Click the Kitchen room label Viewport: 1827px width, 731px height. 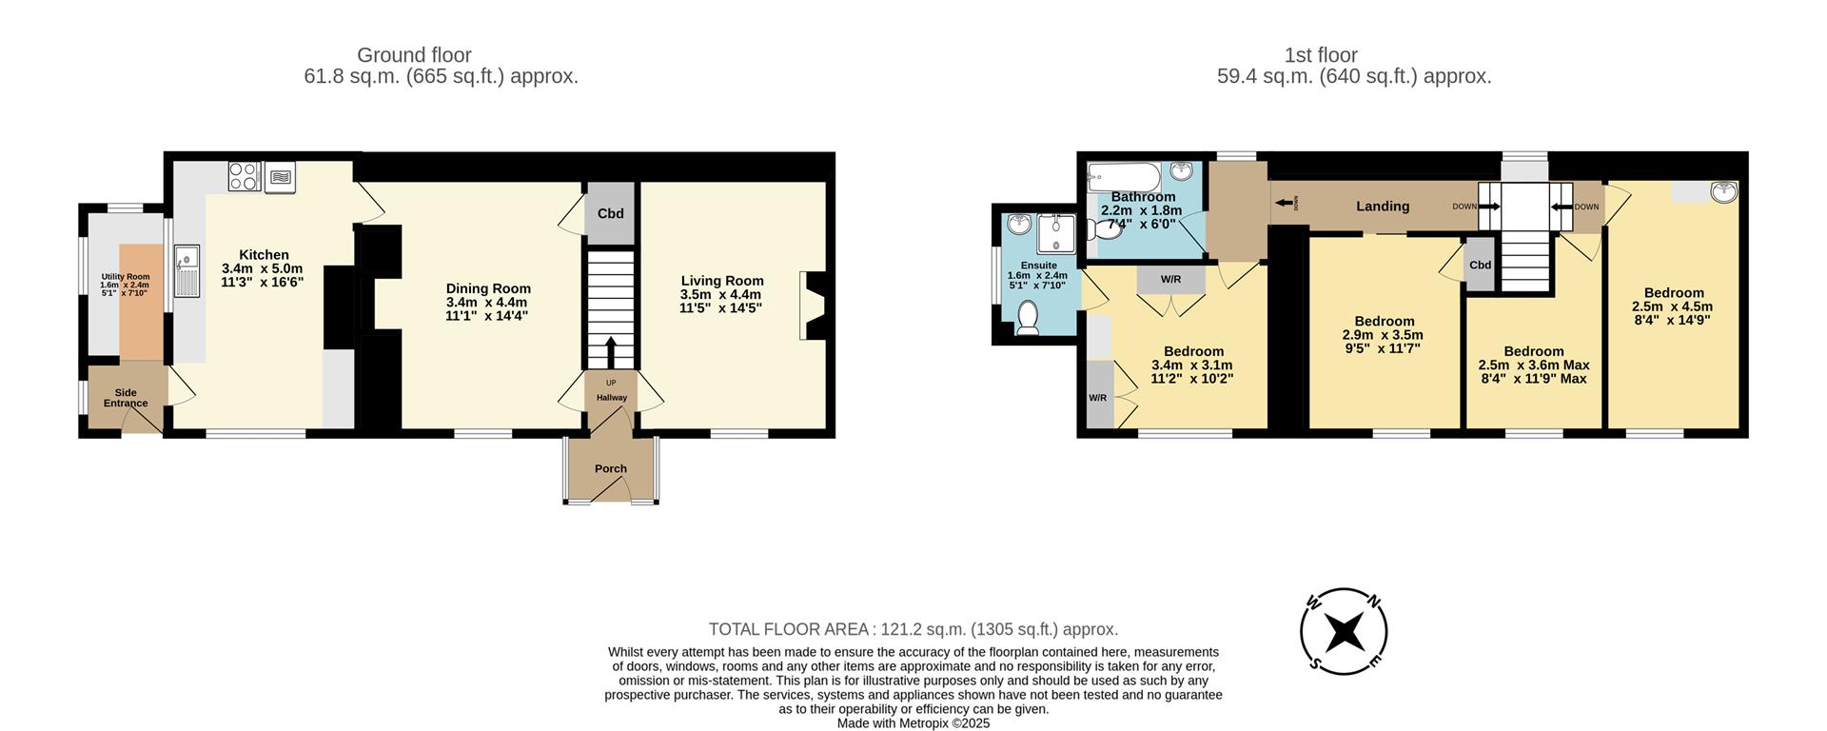264,255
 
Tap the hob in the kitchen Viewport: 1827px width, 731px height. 245,176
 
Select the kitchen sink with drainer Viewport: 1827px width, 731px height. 187,271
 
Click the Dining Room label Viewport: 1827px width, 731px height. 488,288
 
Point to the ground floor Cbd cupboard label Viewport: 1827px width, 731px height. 610,213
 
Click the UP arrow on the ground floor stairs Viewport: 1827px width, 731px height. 610,349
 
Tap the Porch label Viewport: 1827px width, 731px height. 611,468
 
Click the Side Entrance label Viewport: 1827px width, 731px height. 126,397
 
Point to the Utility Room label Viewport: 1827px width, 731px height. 126,277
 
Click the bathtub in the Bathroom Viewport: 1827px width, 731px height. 1124,176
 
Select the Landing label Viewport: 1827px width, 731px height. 1383,206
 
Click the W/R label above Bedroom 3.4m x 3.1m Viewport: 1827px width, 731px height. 1170,279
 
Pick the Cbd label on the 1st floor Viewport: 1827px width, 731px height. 1480,265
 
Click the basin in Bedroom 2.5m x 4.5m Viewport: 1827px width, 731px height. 1723,192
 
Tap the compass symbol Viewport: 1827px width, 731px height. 1344,631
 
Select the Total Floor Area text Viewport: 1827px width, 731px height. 913,629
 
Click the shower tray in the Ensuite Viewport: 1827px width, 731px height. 1054,234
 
